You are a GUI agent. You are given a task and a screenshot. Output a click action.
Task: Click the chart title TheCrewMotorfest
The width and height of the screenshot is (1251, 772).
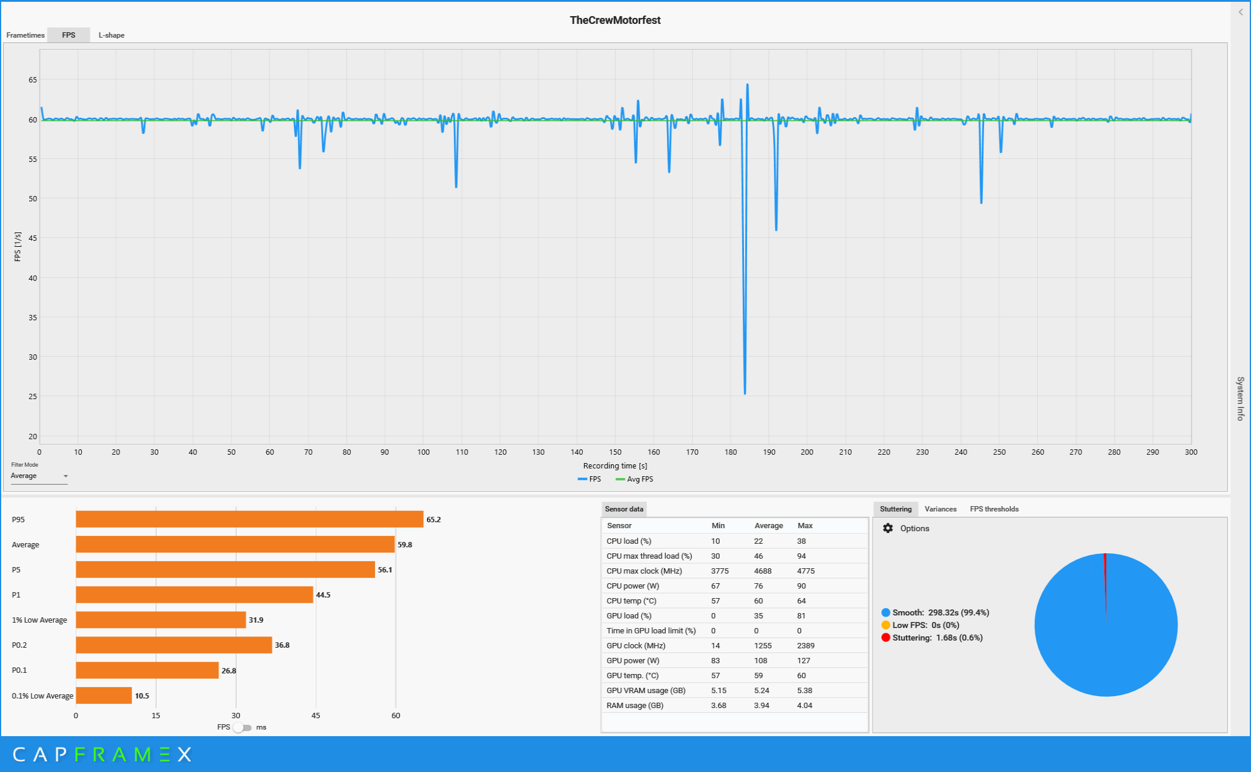click(614, 20)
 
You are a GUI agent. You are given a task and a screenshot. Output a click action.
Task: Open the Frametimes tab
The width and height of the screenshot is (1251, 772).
click(25, 35)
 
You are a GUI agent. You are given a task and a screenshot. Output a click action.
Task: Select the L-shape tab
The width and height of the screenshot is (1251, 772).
click(111, 35)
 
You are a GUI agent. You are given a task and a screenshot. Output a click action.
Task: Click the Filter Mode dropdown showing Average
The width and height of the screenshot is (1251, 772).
click(39, 476)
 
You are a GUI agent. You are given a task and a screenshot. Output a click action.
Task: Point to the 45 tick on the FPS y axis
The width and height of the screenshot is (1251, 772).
click(32, 238)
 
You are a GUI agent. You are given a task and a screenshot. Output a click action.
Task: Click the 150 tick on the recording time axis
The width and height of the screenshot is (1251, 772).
click(615, 452)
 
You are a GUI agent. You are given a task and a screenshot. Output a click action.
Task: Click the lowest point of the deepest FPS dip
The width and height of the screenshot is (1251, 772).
click(745, 393)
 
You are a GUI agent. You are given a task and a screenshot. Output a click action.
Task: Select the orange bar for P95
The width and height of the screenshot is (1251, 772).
click(249, 519)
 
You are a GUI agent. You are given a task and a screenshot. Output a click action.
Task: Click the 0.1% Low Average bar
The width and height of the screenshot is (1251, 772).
click(103, 696)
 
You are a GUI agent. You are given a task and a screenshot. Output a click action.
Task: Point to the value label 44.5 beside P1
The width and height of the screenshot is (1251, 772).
click(323, 595)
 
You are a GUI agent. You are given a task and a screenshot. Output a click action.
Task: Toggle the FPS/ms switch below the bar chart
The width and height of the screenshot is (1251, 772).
click(242, 727)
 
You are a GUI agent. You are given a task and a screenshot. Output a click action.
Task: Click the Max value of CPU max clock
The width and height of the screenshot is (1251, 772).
click(806, 571)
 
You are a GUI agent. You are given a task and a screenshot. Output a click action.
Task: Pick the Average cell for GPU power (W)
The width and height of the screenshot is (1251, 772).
click(760, 661)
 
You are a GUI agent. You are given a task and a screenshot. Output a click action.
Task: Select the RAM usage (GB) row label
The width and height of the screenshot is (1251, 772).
click(635, 706)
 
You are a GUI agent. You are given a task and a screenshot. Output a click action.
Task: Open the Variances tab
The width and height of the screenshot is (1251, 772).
click(940, 509)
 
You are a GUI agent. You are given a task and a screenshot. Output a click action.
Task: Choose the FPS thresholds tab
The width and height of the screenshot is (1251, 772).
click(994, 509)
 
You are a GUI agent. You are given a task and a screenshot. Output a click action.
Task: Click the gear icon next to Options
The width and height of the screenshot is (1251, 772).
click(888, 528)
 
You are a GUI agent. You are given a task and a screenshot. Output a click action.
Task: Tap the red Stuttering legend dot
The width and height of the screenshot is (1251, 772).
click(886, 638)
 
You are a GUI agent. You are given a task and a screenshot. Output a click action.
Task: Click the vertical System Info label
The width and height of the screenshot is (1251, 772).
click(1240, 399)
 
